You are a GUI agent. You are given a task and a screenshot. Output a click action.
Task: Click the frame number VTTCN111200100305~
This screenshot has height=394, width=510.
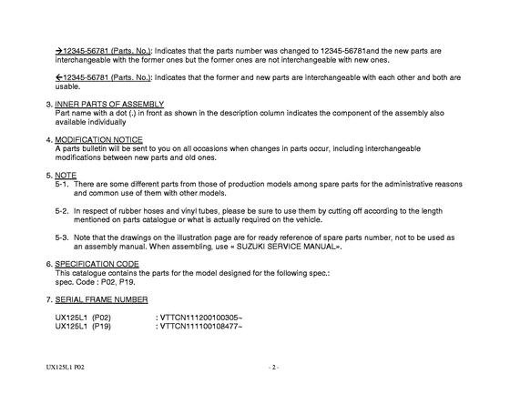coord(199,318)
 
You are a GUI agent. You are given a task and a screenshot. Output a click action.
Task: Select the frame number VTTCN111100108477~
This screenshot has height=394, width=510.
coord(199,326)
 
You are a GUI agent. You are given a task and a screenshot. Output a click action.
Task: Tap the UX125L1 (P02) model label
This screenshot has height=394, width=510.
coord(83,318)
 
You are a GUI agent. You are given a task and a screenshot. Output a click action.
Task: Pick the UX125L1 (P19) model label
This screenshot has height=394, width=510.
coord(83,326)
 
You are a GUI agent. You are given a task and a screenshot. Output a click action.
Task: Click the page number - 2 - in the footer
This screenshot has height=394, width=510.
coord(273,368)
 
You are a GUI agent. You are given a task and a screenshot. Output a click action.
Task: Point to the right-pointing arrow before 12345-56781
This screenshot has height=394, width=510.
coord(59,52)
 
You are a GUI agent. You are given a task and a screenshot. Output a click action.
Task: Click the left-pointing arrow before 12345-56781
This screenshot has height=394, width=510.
coord(59,78)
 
